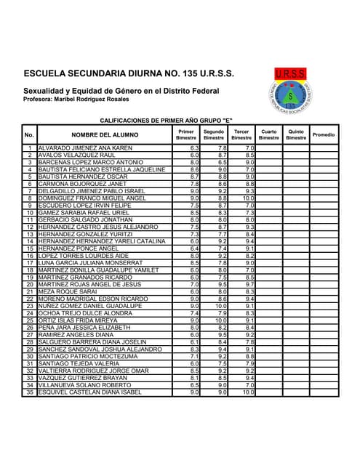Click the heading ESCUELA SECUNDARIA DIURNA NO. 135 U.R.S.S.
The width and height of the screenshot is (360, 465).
pyautogui.click(x=129, y=74)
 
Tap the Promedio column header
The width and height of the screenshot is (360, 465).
pyautogui.click(x=323, y=134)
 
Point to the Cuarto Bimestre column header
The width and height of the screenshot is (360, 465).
pyautogui.click(x=268, y=134)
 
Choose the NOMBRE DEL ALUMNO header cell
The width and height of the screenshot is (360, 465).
pyautogui.click(x=104, y=134)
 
